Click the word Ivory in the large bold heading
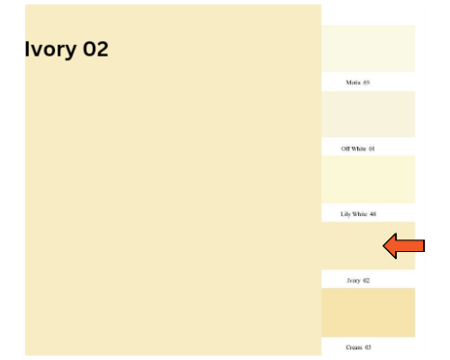pos(50,49)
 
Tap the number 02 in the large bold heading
pos(95,49)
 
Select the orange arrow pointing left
pos(404,246)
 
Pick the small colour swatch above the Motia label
pos(368,49)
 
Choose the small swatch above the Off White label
pos(368,114)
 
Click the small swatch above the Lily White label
pos(368,179)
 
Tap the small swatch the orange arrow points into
pos(368,246)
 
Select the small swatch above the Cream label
pos(368,312)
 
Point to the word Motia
pos(354,82)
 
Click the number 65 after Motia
pos(366,82)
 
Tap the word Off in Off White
pos(346,148)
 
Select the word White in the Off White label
pos(359,148)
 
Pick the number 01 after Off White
pos(372,148)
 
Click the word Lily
pos(346,214)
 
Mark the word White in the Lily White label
pos(360,214)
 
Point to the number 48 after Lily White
pos(373,214)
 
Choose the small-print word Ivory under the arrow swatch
pos(354,281)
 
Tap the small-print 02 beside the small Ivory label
pos(366,280)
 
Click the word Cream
pos(354,347)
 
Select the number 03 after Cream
pos(368,347)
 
